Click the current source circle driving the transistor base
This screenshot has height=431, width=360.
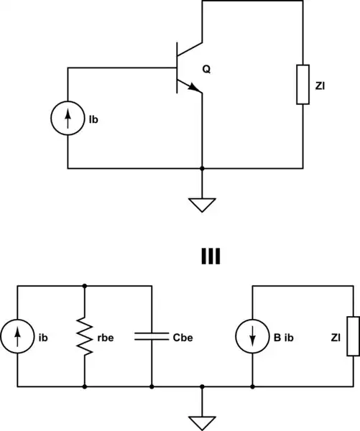tap(68, 119)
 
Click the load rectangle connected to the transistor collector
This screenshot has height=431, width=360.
tap(303, 84)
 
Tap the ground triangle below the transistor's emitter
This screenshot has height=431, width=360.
tap(203, 205)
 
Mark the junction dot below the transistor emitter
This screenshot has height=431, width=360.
tap(203, 169)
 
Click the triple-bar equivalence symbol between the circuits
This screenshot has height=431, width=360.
tap(210, 256)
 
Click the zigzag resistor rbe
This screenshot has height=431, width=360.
tap(85, 335)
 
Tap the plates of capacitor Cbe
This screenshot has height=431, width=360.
tap(152, 335)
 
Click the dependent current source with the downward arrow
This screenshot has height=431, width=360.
tap(253, 335)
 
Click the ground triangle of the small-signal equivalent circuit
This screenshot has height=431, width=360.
tap(203, 422)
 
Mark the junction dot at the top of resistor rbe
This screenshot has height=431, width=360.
tap(85, 285)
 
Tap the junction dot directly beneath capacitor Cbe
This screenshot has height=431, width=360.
tap(152, 386)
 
